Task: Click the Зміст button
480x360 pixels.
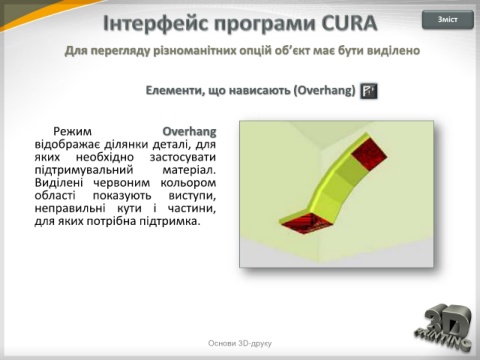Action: tap(448, 20)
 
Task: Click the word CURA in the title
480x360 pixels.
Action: tap(349, 23)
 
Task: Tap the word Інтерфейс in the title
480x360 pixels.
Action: tap(156, 23)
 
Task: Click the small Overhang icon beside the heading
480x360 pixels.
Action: tap(369, 91)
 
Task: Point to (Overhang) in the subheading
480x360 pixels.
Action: tap(324, 90)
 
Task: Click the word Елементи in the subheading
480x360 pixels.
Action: tap(175, 90)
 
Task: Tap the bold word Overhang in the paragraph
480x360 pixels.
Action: tap(189, 132)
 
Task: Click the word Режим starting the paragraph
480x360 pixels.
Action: tap(72, 132)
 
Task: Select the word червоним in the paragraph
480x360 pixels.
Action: tap(122, 183)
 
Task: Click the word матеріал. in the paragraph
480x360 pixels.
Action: tap(189, 170)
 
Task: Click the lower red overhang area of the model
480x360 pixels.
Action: tap(306, 223)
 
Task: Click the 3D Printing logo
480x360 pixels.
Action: tap(444, 327)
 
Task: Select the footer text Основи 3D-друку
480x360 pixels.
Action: tap(240, 343)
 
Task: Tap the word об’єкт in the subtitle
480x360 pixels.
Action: tap(292, 51)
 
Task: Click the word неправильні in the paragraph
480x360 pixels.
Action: tap(70, 209)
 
